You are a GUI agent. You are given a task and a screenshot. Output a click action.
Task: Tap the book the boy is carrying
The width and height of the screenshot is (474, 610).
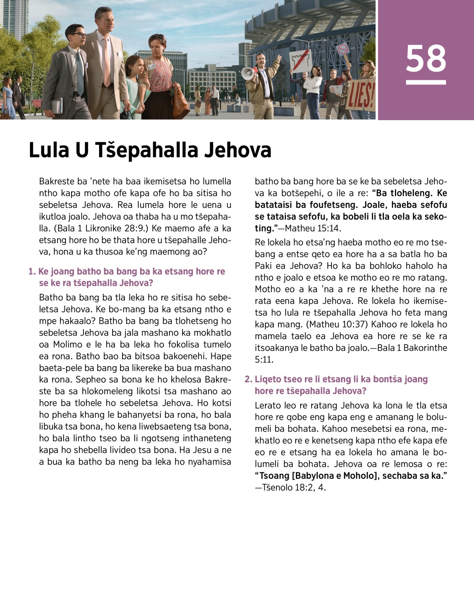point(57,105)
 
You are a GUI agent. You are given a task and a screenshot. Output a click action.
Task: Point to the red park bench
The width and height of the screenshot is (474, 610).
point(37,104)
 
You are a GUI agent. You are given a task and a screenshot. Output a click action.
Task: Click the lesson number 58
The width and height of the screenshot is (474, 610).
point(426,59)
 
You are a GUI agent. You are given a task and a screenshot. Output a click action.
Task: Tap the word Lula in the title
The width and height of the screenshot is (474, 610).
point(49,150)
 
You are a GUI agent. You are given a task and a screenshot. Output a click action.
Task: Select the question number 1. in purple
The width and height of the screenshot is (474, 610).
point(32,272)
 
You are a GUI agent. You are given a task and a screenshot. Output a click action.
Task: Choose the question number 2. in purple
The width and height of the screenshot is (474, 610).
point(248,380)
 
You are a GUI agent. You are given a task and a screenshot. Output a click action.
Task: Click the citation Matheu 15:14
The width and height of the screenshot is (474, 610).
point(312,229)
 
